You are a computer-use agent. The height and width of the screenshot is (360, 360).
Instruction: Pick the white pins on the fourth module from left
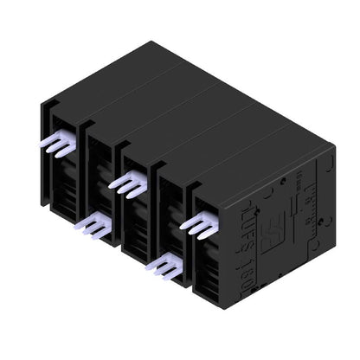tap(165, 267)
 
